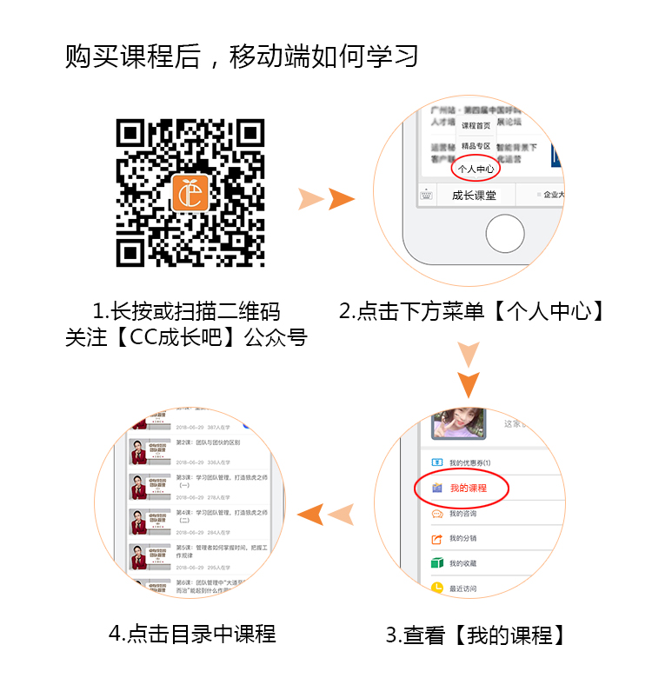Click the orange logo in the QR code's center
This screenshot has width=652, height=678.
pyautogui.click(x=190, y=193)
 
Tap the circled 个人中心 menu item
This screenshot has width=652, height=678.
pyautogui.click(x=476, y=168)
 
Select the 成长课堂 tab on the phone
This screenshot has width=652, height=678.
pyautogui.click(x=474, y=196)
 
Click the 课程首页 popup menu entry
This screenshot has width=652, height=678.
pyautogui.click(x=476, y=126)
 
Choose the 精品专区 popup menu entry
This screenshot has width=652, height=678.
pyautogui.click(x=476, y=146)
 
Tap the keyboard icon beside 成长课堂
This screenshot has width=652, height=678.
pyautogui.click(x=426, y=196)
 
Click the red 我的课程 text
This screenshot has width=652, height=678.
pyautogui.click(x=469, y=489)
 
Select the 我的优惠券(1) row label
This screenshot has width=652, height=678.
pyautogui.click(x=470, y=462)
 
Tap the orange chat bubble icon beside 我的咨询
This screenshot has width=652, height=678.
pyautogui.click(x=437, y=514)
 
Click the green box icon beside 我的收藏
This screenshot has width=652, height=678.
pyautogui.click(x=437, y=563)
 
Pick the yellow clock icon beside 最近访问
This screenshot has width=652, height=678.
pyautogui.click(x=437, y=588)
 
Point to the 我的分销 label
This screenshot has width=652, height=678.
pyautogui.click(x=462, y=539)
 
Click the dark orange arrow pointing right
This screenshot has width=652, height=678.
pyautogui.click(x=342, y=199)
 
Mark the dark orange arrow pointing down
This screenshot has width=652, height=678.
pyautogui.click(x=469, y=383)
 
